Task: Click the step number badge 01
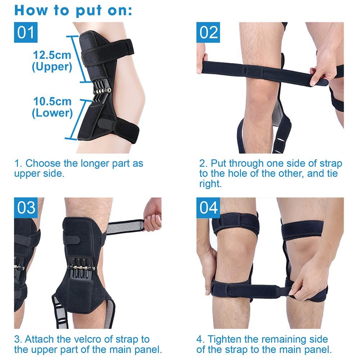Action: point(26,33)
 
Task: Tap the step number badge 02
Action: point(209,33)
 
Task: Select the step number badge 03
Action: point(26,208)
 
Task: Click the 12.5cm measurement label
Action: point(52,55)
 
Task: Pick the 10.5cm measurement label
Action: point(52,102)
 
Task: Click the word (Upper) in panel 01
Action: point(52,67)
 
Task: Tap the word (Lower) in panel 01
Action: point(52,113)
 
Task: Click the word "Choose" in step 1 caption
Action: point(43,163)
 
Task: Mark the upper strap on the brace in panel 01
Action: point(108,50)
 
